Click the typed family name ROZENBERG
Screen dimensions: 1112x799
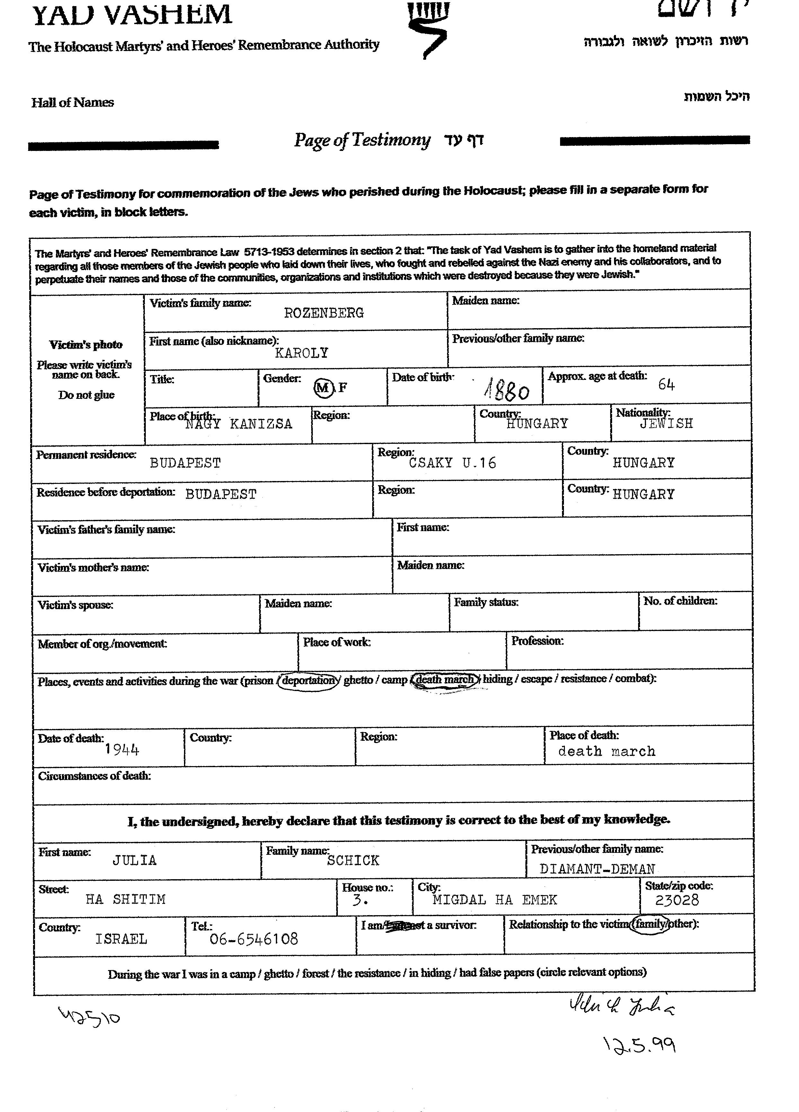point(324,313)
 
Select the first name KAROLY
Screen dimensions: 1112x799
point(301,353)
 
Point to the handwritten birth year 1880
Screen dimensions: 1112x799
point(507,391)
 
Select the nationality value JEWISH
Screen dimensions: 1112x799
point(666,424)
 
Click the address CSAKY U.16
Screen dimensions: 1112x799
point(452,463)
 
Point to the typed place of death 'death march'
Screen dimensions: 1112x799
point(606,751)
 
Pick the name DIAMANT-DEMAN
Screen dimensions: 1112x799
point(597,869)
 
